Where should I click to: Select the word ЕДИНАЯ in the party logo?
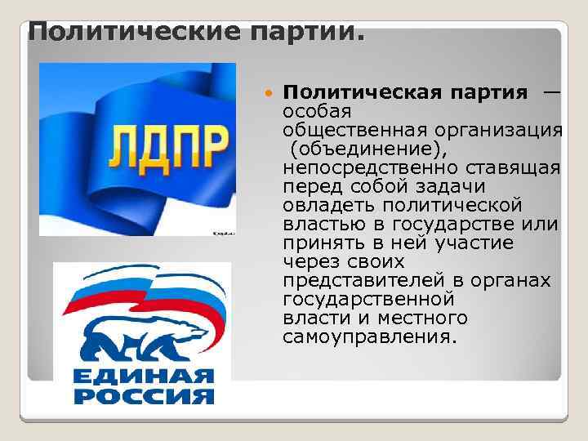(x=143, y=378)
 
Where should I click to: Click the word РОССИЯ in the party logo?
(x=143, y=397)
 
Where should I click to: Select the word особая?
(x=316, y=110)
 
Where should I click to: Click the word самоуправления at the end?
(x=367, y=336)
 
